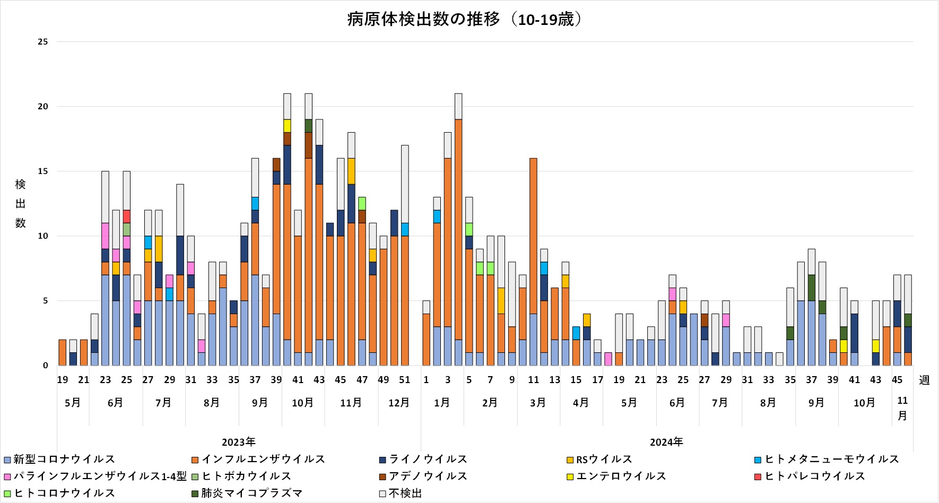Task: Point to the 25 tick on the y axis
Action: (43, 42)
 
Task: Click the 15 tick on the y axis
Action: (43, 171)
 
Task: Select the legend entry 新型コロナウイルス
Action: (64, 459)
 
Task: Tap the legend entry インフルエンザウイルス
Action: (263, 459)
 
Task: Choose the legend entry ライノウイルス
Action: (428, 459)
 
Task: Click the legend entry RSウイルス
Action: (604, 459)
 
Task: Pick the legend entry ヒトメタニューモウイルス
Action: (831, 459)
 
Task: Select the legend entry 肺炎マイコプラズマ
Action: (251, 493)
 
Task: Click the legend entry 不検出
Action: (405, 493)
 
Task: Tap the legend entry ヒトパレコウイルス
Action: (814, 476)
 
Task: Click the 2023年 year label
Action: (239, 442)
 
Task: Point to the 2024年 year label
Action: (667, 442)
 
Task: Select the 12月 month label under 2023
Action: (399, 403)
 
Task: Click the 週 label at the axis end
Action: (924, 380)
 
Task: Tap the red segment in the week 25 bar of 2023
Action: (127, 216)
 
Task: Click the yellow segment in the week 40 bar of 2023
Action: (287, 126)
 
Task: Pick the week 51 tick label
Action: (405, 380)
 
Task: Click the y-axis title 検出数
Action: (20, 204)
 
